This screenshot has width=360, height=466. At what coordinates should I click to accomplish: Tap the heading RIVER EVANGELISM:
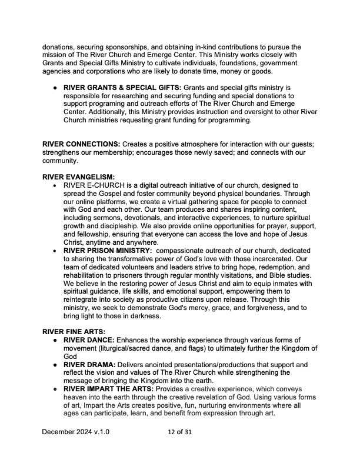pos(78,177)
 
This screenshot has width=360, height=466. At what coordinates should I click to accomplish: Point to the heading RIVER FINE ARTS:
pos(74,331)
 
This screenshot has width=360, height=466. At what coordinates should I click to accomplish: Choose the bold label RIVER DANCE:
pos(89,339)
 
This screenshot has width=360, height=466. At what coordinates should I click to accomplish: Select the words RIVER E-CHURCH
pos(92,185)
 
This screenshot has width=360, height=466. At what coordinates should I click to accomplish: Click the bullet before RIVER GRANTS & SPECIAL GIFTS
pos(55,88)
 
